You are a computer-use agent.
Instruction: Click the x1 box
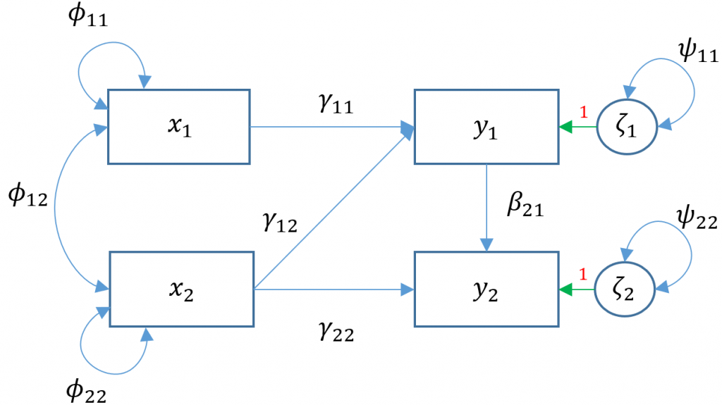[179, 126]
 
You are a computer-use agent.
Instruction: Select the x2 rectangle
[179, 289]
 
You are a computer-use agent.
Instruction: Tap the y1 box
[486, 126]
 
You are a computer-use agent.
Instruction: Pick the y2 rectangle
[486, 289]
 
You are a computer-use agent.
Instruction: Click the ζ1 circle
[626, 127]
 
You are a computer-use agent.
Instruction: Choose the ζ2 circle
[626, 289]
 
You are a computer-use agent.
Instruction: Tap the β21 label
[525, 208]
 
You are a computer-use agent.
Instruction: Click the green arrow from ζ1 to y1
[577, 127]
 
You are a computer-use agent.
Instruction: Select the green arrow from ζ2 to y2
[577, 289]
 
